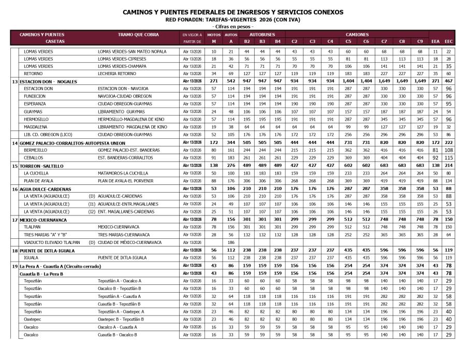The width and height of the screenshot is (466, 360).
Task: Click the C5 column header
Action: point(348,41)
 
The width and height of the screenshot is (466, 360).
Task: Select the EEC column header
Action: point(448,41)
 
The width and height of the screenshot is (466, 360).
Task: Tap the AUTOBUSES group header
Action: point(263,34)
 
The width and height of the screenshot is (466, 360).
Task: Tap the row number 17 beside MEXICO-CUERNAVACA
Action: point(15,220)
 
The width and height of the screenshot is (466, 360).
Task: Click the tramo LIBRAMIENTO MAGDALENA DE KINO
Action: point(133,126)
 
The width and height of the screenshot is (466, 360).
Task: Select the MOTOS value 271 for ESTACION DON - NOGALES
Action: point(214,82)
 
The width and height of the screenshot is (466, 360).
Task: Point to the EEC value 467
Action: point(448,82)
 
